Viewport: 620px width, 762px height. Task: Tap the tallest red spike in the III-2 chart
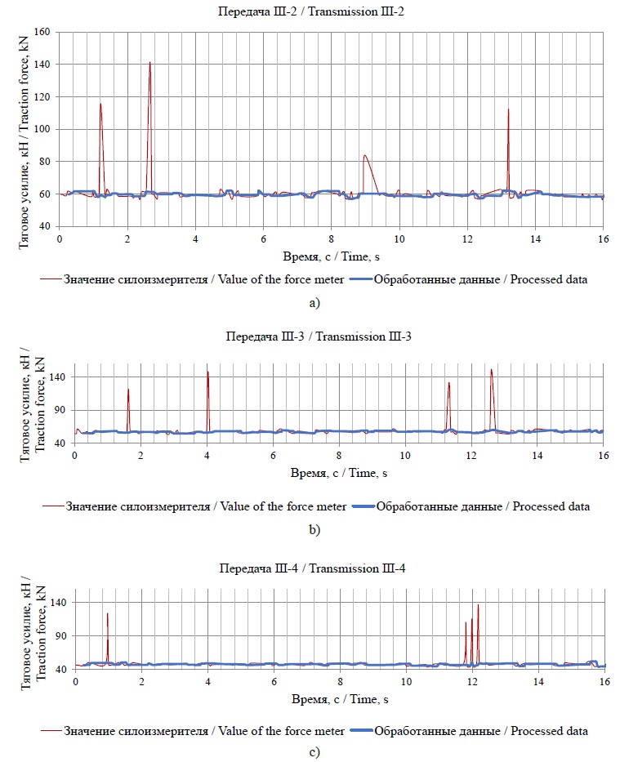[x=149, y=64]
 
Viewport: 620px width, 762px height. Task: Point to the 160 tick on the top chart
[x=42, y=33]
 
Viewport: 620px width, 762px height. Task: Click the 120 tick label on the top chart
[x=42, y=97]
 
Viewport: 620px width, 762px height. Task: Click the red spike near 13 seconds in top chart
[x=508, y=110]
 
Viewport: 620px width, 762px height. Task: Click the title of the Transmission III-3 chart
[x=331, y=336]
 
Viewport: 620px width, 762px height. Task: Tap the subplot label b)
[x=314, y=530]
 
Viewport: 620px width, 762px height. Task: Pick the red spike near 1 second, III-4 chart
[x=107, y=614]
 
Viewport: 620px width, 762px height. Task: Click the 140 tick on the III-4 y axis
[x=60, y=603]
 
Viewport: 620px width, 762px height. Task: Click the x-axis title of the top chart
[x=331, y=256]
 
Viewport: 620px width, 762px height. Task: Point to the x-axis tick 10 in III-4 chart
[x=406, y=681]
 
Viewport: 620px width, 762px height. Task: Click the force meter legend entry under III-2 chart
[x=181, y=280]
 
